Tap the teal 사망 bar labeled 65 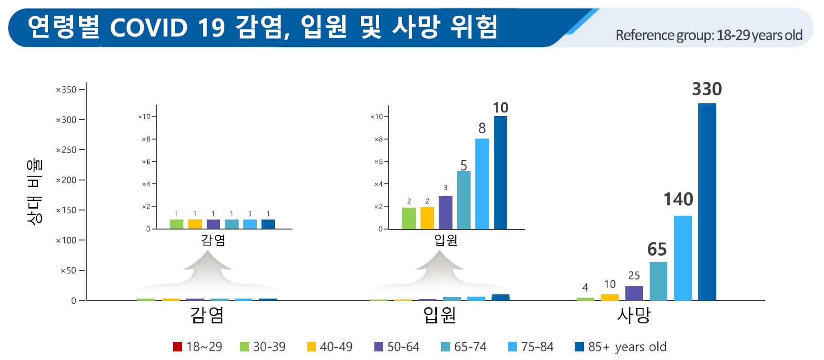pyautogui.click(x=658, y=281)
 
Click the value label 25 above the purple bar pyautogui.click(x=634, y=276)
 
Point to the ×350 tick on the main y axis pyautogui.click(x=66, y=90)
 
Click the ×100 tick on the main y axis pyautogui.click(x=66, y=240)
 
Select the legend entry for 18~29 pyautogui.click(x=198, y=347)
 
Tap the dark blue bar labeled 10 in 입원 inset pyautogui.click(x=500, y=172)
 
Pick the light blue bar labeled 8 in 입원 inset pyautogui.click(x=482, y=184)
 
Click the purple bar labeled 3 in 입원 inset pyautogui.click(x=445, y=212)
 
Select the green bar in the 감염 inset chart pyautogui.click(x=176, y=224)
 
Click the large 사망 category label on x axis pyautogui.click(x=633, y=315)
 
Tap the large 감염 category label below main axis pyautogui.click(x=207, y=315)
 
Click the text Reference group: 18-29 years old pyautogui.click(x=709, y=35)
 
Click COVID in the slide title pyautogui.click(x=149, y=28)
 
